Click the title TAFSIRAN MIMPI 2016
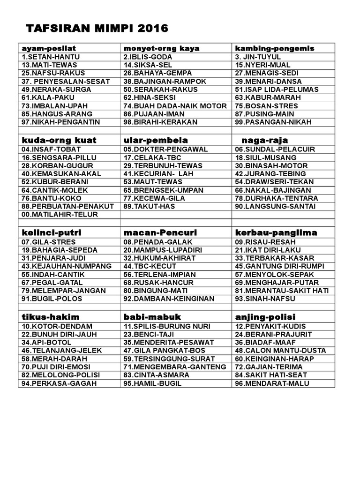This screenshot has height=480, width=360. pyautogui.click(x=97, y=29)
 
